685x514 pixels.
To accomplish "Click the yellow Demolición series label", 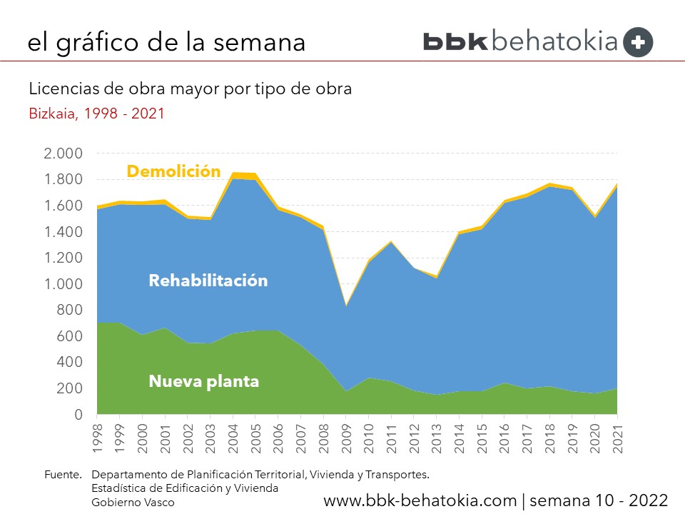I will click(x=173, y=171).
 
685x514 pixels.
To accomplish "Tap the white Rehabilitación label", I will click(x=208, y=281).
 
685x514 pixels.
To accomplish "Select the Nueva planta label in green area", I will click(x=203, y=382).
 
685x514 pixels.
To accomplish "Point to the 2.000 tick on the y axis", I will click(x=63, y=153).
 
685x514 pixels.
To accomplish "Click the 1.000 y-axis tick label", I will click(x=63, y=284).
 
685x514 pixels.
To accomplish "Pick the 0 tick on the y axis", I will click(x=78, y=415).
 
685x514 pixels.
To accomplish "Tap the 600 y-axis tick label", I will click(x=70, y=336).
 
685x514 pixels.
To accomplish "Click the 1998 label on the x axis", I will click(x=98, y=437).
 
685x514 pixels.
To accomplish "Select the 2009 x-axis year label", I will click(x=346, y=437).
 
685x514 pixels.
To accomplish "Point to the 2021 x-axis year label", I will click(x=617, y=437).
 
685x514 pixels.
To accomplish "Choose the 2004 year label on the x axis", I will click(x=233, y=437).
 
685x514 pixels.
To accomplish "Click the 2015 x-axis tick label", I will click(x=482, y=437).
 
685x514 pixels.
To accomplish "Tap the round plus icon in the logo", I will click(x=638, y=42).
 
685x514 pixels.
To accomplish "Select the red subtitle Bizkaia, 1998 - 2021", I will click(x=96, y=114).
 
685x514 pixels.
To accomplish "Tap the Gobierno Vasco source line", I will click(x=133, y=502).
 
